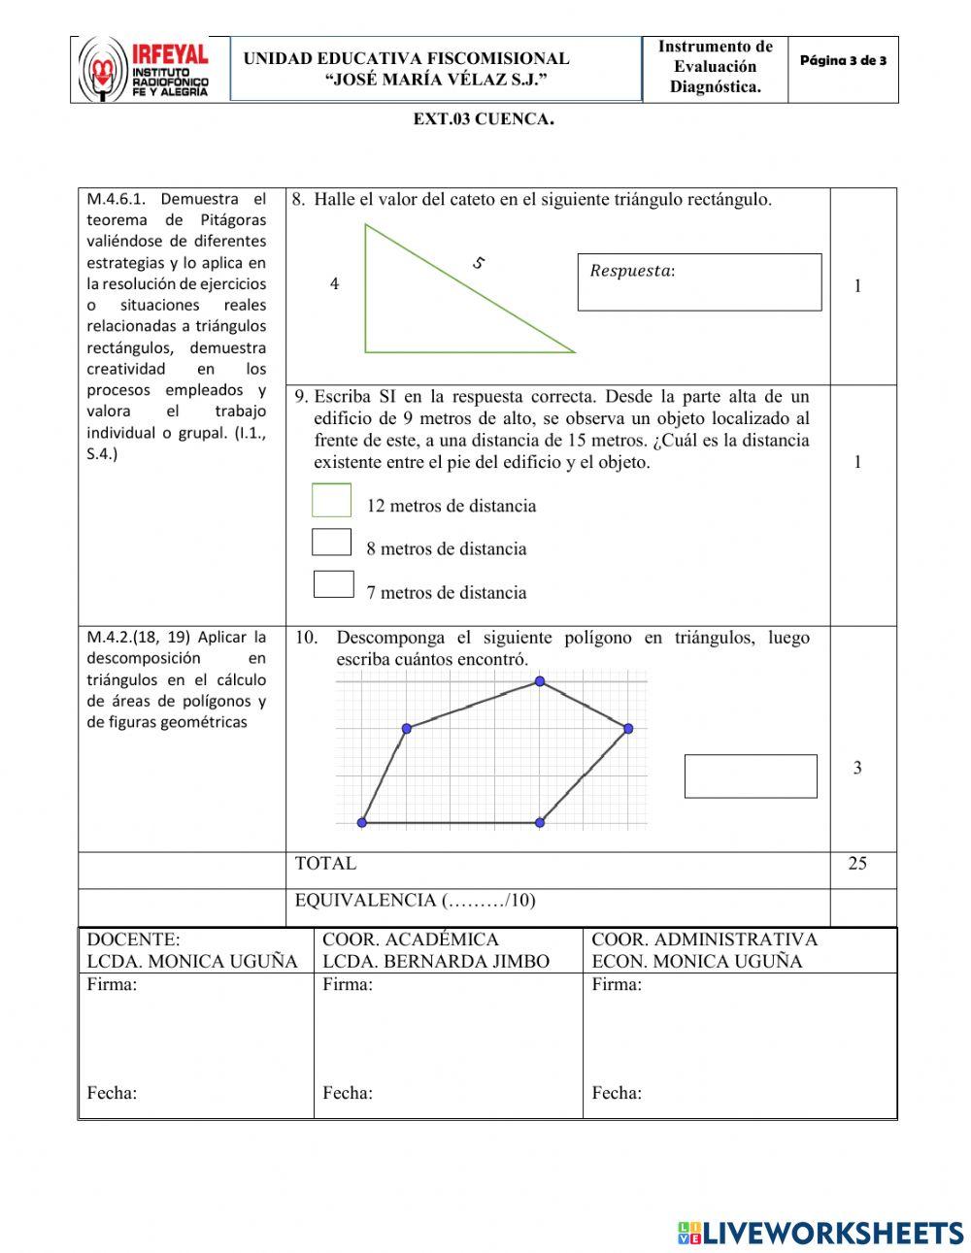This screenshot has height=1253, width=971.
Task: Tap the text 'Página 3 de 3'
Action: tap(843, 61)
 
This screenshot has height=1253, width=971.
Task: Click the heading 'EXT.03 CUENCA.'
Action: tap(484, 120)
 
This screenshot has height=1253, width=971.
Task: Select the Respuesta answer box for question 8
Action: tap(699, 282)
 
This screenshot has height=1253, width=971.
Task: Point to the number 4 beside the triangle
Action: tap(334, 284)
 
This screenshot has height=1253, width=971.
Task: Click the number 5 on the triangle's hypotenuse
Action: tap(478, 262)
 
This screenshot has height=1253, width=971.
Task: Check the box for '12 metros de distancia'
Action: tap(331, 501)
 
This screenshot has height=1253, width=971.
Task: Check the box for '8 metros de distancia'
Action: tap(331, 542)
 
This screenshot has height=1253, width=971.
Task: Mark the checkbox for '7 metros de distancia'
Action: tap(333, 584)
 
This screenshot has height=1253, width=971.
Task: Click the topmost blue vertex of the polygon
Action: tap(540, 681)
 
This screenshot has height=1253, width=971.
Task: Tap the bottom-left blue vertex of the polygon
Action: tap(362, 822)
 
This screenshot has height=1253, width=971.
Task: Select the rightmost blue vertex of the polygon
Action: tap(627, 728)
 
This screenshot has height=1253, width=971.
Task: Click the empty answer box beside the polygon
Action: tap(751, 776)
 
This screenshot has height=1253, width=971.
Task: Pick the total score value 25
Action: tap(856, 864)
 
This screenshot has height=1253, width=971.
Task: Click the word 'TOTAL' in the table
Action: tap(325, 864)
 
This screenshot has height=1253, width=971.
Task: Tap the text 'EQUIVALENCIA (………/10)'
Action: tap(415, 901)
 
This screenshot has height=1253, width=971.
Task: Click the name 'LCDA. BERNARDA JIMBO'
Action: tap(435, 962)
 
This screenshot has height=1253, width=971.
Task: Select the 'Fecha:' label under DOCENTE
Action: tap(112, 1093)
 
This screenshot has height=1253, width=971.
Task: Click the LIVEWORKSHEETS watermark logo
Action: tap(820, 1233)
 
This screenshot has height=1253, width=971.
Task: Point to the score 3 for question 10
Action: tap(856, 769)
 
